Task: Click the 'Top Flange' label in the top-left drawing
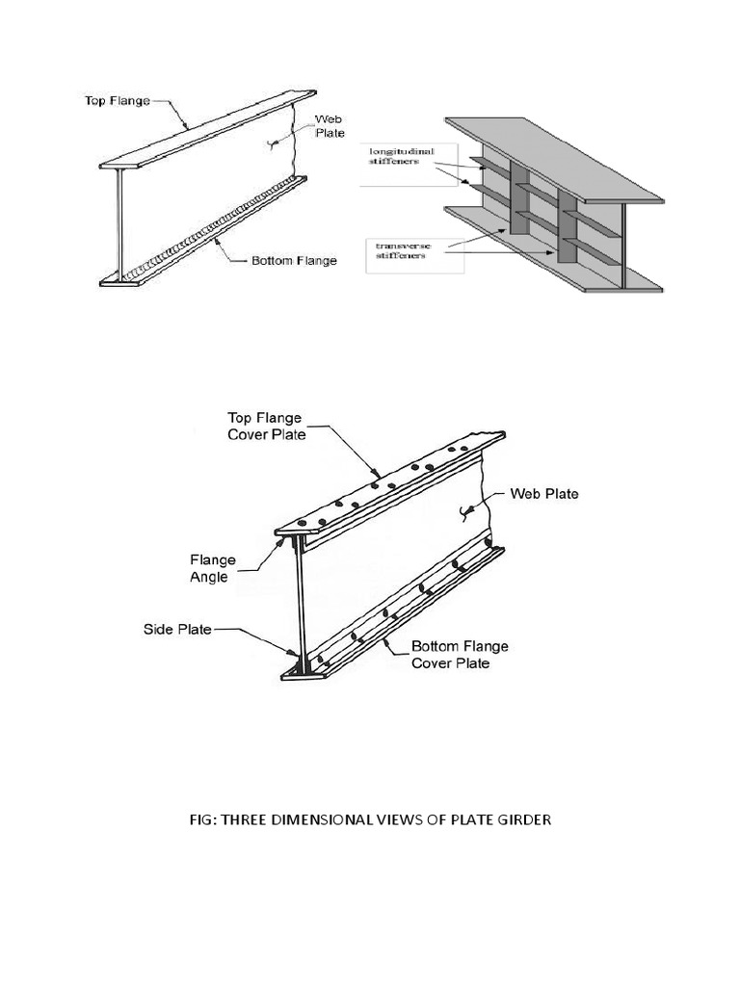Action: click(x=113, y=100)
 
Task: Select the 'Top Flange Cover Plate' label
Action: click(x=266, y=426)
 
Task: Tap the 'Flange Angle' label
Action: click(x=211, y=569)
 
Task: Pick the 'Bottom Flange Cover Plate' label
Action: click(x=460, y=655)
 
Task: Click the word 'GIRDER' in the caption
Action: click(x=521, y=819)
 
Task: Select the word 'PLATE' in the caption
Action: click(x=467, y=819)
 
